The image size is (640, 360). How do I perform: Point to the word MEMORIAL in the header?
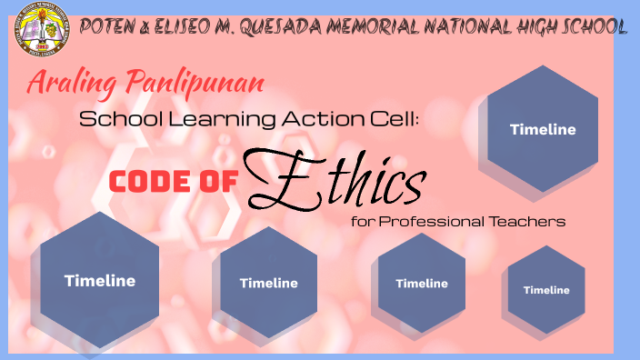pyautogui.click(x=369, y=26)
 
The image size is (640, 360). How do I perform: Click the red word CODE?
pyautogui.click(x=152, y=182)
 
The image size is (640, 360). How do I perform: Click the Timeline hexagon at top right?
pyautogui.click(x=543, y=129)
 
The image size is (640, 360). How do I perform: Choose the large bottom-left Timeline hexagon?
pyautogui.click(x=99, y=281)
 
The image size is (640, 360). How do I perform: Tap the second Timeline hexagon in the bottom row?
pyautogui.click(x=268, y=283)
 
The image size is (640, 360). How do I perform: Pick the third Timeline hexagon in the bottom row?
pyautogui.click(x=421, y=283)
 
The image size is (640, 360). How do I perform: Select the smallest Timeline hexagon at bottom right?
pyautogui.click(x=545, y=290)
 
